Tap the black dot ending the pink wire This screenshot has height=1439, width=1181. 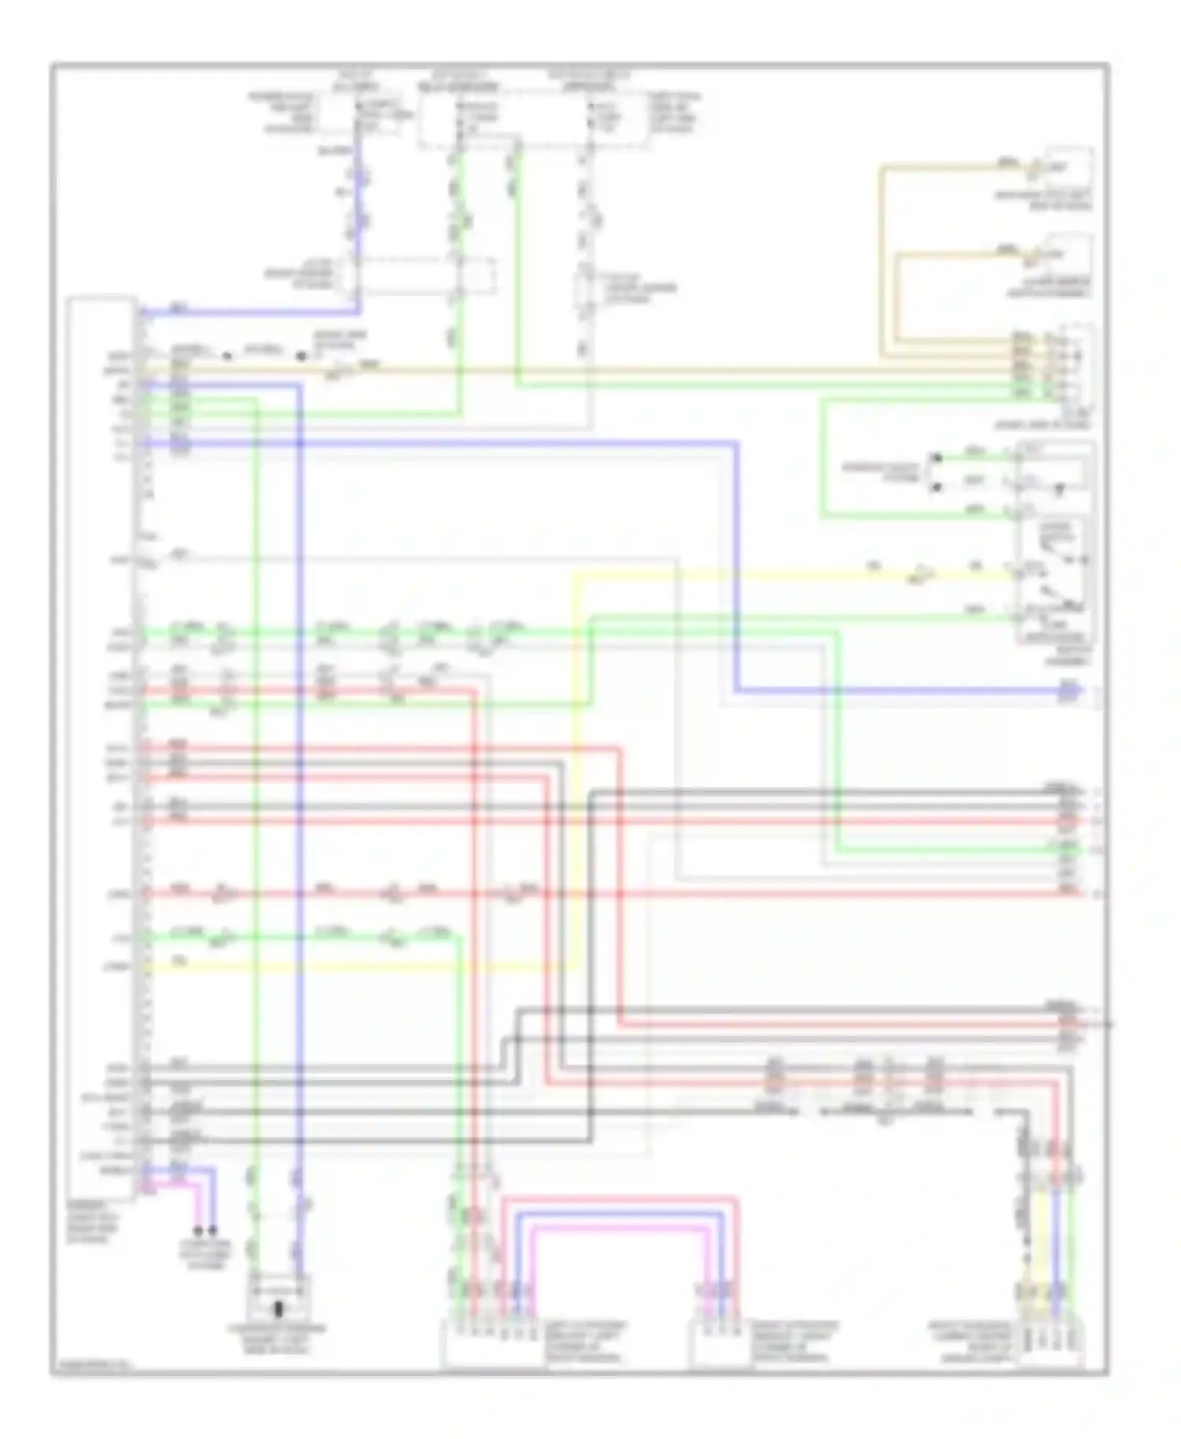(198, 1231)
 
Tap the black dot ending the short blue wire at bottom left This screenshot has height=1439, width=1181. (213, 1231)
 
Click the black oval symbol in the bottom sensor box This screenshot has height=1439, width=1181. (278, 1310)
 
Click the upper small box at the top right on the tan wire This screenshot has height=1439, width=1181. (1068, 167)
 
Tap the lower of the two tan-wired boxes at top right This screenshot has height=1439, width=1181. (1068, 253)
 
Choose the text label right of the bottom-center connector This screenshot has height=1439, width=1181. (795, 1342)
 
